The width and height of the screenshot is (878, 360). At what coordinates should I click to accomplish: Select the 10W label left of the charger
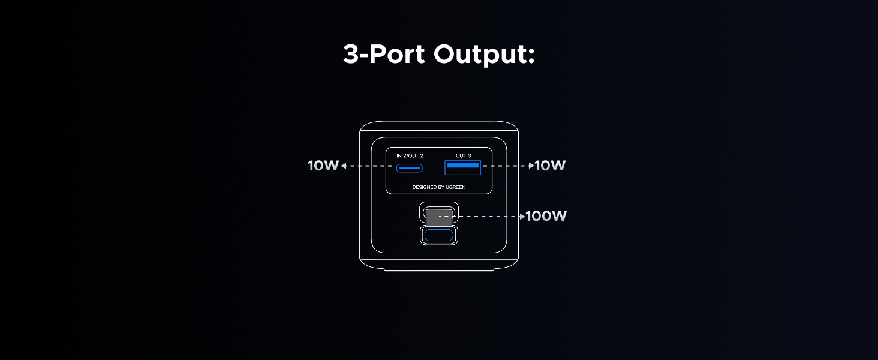[x=323, y=166]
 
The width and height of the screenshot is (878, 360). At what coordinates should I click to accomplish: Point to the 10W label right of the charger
[x=550, y=166]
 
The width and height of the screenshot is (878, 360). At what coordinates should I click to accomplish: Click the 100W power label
[x=546, y=216]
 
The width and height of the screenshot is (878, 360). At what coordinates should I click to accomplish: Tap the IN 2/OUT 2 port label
[x=410, y=155]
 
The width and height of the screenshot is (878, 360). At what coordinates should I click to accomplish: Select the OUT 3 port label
[x=464, y=155]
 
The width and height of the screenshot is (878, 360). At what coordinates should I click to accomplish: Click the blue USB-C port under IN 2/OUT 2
[x=409, y=168]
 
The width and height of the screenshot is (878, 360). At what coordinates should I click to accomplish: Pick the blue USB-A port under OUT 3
[x=462, y=167]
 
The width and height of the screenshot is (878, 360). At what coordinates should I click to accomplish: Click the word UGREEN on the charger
[x=456, y=187]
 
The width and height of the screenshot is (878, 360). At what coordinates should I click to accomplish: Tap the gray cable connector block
[x=439, y=217]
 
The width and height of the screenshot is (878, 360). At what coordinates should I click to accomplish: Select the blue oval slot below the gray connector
[x=439, y=235]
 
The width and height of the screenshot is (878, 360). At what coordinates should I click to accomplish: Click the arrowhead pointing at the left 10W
[x=344, y=166]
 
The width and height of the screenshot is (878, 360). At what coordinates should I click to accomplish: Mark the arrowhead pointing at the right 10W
[x=531, y=166]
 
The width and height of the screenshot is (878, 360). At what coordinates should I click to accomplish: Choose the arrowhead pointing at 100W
[x=522, y=217]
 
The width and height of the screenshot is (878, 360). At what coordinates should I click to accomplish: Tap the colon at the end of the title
[x=531, y=56]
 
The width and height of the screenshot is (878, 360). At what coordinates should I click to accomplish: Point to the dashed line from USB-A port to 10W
[x=506, y=166]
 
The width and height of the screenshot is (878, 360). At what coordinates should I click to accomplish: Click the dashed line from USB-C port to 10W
[x=369, y=166]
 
